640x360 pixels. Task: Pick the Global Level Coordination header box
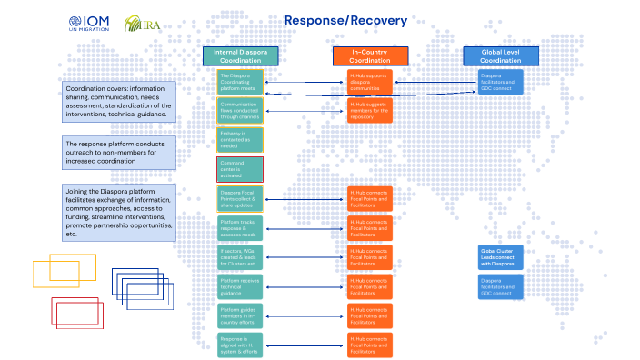[501, 55]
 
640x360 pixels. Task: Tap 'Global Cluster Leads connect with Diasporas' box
[501, 255]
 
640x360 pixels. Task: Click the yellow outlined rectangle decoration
[51, 269]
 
